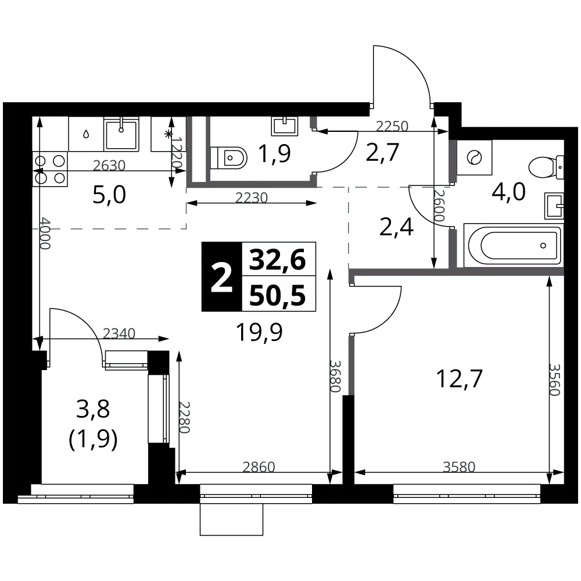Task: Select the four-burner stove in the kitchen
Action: point(50,169)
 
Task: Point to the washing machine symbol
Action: point(474,158)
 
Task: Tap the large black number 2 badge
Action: point(221,277)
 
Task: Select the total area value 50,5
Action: point(278,296)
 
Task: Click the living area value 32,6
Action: point(278,259)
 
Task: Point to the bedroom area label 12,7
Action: point(460,379)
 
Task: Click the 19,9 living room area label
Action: point(259,332)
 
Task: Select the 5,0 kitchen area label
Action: point(109,195)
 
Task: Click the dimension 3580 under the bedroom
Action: point(459,467)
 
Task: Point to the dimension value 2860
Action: point(259,467)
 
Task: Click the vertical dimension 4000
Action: point(45,233)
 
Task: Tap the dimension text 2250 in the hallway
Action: point(392,126)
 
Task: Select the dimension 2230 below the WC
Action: point(252,198)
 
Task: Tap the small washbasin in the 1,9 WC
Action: point(285,126)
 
